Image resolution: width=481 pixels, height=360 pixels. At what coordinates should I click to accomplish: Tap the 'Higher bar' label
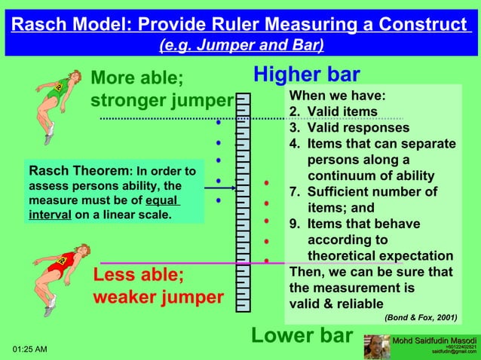click(x=306, y=75)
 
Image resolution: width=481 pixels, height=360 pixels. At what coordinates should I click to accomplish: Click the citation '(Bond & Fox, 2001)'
click(x=420, y=317)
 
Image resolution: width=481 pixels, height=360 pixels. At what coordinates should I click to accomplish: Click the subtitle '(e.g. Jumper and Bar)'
click(x=241, y=45)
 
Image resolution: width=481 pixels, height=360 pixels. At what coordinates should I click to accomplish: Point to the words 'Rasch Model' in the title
click(x=72, y=25)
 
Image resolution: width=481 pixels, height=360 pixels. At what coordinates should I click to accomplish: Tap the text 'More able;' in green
click(x=136, y=78)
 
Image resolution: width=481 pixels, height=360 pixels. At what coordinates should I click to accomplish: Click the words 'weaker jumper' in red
click(x=158, y=297)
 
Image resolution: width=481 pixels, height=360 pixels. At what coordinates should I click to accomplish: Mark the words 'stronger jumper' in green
click(x=161, y=101)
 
